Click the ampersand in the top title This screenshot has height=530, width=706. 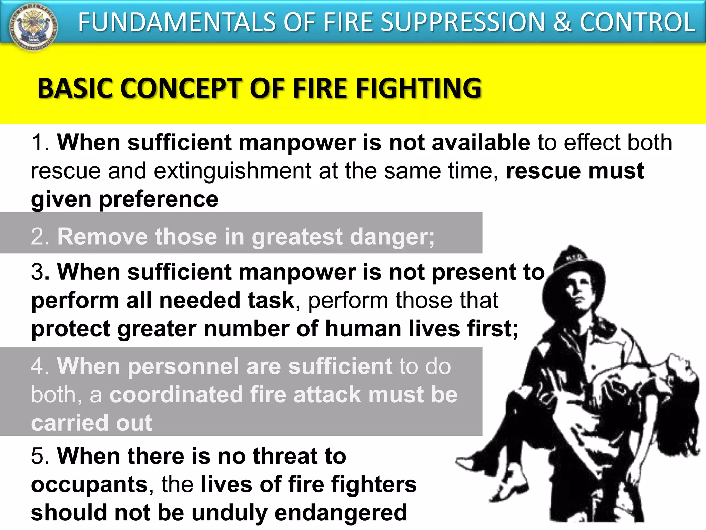coord(561,22)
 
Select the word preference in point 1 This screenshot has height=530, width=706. coord(159,199)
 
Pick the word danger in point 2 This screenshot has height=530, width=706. coord(392,237)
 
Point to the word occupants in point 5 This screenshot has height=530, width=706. coord(90,485)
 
